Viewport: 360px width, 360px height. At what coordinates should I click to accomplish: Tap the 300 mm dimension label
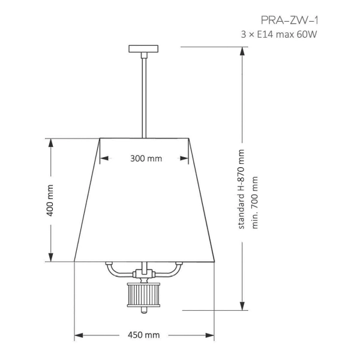(146, 159)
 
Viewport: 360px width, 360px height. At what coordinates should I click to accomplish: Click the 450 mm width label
(144, 335)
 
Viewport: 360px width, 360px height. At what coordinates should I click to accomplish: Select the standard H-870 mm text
(242, 189)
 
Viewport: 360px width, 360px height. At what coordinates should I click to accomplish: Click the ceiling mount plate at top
(144, 49)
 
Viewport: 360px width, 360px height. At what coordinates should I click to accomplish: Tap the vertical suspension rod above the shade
(144, 96)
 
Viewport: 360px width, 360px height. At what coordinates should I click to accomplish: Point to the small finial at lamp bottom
(144, 310)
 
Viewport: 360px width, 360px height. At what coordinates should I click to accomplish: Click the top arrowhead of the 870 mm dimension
(242, 50)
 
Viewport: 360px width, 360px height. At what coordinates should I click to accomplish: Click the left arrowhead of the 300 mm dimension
(103, 159)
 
